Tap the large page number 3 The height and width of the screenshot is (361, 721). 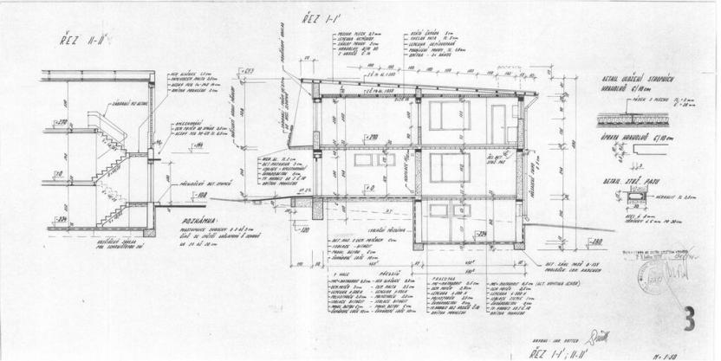[689, 319]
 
